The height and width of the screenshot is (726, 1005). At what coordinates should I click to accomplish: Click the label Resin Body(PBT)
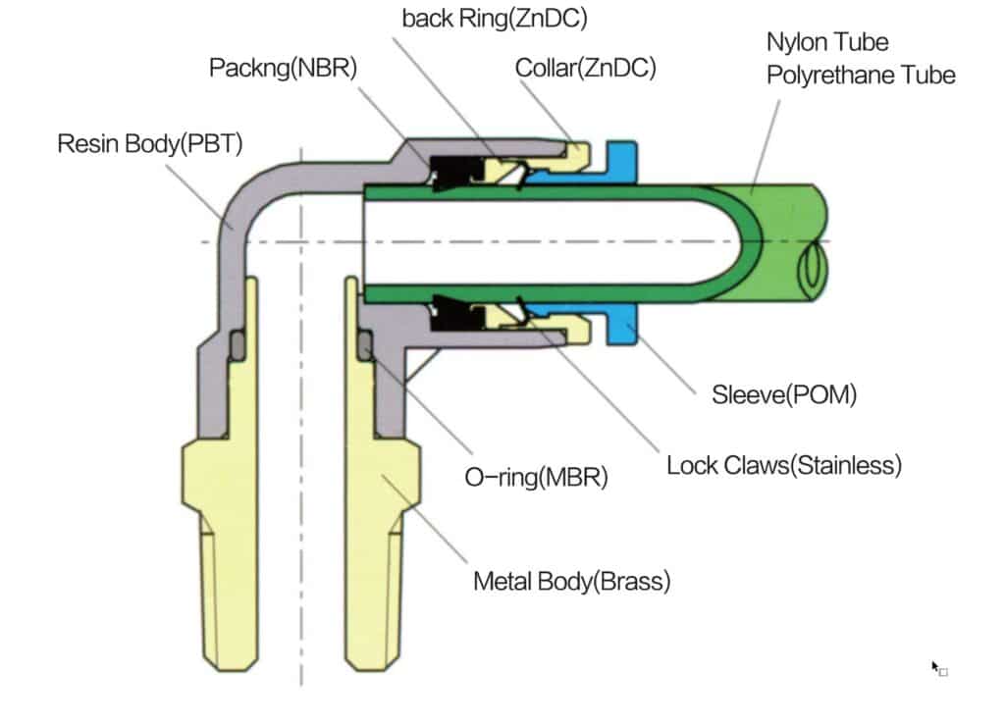(150, 144)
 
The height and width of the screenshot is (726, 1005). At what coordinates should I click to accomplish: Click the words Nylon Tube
(827, 42)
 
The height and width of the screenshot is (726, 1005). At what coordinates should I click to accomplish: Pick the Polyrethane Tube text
(861, 75)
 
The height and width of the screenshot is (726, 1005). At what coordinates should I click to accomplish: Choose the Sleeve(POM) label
(784, 395)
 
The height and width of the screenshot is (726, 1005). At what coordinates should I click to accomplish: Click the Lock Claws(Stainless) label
(783, 464)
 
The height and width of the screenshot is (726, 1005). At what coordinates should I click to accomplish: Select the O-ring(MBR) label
(537, 478)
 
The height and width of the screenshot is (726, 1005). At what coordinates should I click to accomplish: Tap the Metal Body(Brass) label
(572, 581)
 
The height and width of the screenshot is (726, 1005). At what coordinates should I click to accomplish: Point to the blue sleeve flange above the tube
(622, 160)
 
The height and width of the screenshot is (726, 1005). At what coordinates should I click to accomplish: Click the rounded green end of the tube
(752, 241)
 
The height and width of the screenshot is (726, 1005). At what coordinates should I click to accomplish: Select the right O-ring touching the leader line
(365, 344)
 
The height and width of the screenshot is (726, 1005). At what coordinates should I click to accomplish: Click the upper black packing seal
(452, 172)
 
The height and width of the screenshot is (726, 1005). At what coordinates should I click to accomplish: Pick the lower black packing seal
(452, 313)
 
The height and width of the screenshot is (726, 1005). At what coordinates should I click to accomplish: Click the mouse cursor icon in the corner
(937, 668)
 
